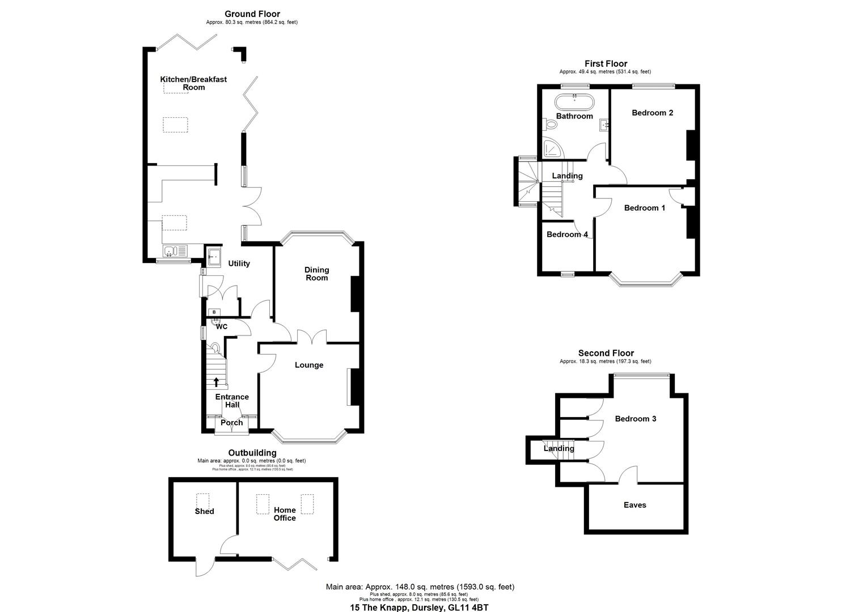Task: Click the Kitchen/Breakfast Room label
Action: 193,83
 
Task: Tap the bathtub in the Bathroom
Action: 574,103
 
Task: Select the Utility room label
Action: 239,263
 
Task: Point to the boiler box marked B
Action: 214,312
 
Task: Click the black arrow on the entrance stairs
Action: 216,382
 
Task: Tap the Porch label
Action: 231,423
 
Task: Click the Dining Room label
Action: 316,274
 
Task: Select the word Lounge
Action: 309,365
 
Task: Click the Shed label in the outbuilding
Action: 204,511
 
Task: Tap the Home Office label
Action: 285,514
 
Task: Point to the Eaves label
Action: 634,505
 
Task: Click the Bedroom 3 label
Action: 636,419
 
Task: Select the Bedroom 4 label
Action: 566,235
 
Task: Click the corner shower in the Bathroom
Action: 552,148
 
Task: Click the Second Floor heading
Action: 606,353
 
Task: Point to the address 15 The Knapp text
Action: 418,607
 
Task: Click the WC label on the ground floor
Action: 222,327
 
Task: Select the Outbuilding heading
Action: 252,453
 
